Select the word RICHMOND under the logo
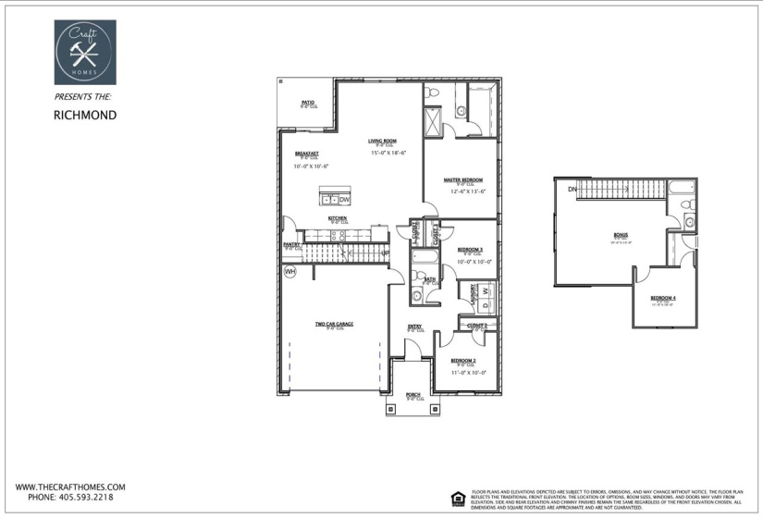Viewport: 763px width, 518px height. pos(83,116)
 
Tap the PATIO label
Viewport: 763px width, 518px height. pos(308,103)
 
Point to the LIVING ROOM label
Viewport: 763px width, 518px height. pos(382,141)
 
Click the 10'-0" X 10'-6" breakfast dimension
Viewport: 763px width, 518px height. pos(313,166)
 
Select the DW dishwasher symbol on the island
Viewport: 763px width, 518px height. pos(344,200)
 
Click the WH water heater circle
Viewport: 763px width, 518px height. pos(289,272)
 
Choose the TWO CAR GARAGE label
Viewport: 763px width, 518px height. pos(334,324)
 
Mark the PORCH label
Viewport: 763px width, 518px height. pos(413,394)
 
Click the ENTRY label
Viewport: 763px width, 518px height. pos(414,326)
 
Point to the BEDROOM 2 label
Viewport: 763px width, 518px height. pos(462,360)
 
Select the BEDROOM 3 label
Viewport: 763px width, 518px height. pos(470,250)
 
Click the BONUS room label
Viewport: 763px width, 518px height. pos(620,236)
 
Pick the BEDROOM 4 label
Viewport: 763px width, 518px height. pos(662,298)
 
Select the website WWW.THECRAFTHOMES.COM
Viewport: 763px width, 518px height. pos(69,487)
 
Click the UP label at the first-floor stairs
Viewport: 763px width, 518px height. pos(385,253)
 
